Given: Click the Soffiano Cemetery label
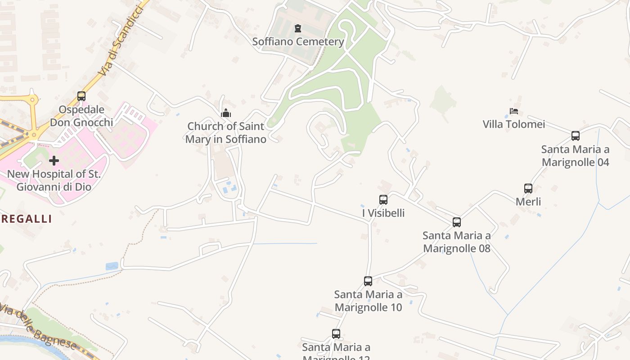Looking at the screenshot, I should click(x=298, y=42).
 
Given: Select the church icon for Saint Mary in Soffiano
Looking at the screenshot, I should click(x=226, y=112).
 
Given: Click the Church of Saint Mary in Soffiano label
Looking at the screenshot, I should click(x=226, y=133).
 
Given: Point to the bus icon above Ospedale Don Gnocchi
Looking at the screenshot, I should click(x=81, y=96).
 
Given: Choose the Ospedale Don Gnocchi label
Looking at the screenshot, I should click(x=81, y=116).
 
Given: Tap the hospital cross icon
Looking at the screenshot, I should click(x=54, y=160).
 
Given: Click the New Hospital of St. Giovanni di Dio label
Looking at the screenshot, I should click(x=54, y=180).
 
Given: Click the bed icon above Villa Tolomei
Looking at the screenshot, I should click(x=514, y=111).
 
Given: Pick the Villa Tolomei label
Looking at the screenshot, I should click(x=514, y=124).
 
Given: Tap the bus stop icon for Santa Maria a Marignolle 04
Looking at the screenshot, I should click(x=575, y=135).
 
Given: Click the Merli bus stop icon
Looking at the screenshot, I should click(x=528, y=188).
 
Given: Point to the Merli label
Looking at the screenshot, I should click(x=528, y=202).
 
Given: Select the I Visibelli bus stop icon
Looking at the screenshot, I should click(x=383, y=199).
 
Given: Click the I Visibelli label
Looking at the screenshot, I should click(x=383, y=213).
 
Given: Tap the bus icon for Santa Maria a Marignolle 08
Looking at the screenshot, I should click(x=457, y=222).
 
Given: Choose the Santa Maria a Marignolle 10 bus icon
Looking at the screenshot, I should click(x=368, y=281).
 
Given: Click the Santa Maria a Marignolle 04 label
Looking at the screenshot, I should click(x=575, y=156).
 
